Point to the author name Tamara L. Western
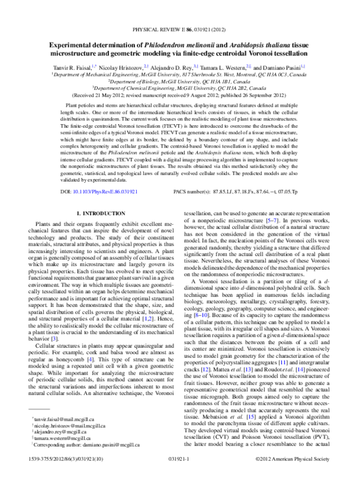point(223,68)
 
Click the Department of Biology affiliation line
point(179,81)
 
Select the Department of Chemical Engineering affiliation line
point(179,88)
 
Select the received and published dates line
point(179,94)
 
